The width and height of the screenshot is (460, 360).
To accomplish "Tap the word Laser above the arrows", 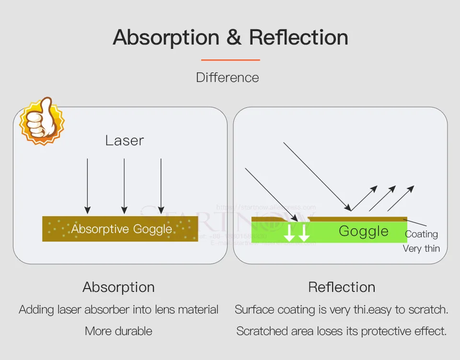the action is click(125, 140).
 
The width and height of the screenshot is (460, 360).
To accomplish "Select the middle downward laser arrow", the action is click(124, 186).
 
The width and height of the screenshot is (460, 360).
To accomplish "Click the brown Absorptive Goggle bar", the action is click(120, 229).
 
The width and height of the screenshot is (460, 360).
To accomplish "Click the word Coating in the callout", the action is click(422, 234).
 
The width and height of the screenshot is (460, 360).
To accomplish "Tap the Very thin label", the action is click(421, 248).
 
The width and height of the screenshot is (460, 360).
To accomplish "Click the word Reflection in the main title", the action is click(299, 37).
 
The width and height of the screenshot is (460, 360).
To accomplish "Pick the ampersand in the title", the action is click(234, 37).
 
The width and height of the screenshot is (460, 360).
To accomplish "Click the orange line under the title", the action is click(230, 60).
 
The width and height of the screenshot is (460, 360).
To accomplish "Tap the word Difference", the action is click(228, 78).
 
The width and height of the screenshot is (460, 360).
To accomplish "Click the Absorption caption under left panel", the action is click(119, 287).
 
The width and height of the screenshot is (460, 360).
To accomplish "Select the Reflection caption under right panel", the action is click(342, 287).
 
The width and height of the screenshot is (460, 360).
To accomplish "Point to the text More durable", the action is click(119, 331).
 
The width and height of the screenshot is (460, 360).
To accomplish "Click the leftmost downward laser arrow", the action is click(87, 186).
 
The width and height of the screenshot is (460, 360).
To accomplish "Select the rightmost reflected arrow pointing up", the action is click(402, 198).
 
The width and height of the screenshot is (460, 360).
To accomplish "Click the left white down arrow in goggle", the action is click(290, 232).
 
